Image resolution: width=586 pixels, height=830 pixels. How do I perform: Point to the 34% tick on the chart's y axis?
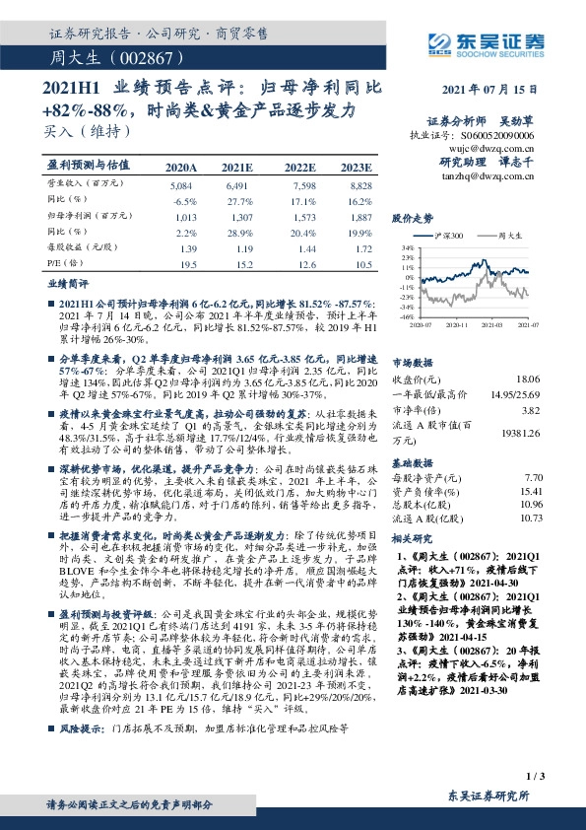coord(407,249)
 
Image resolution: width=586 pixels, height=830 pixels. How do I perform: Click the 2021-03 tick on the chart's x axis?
coord(495,321)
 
